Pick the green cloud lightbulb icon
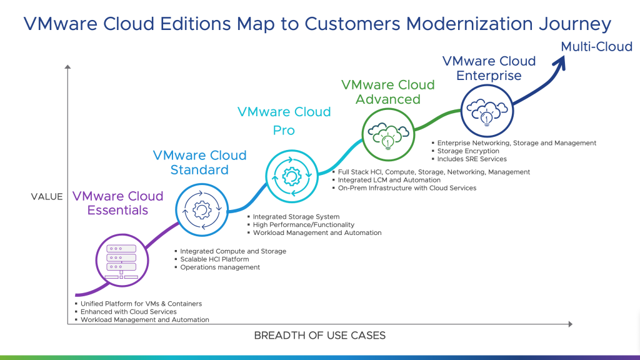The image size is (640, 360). (387, 136)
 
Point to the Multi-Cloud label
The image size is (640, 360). (596, 47)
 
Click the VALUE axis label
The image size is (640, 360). (47, 196)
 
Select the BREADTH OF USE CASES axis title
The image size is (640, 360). (319, 336)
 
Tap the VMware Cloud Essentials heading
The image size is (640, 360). (117, 203)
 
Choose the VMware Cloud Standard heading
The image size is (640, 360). (200, 162)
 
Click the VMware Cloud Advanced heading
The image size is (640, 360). (388, 92)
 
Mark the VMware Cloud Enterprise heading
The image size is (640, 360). (489, 68)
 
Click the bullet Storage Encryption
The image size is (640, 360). (468, 151)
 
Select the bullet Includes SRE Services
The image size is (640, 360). (472, 159)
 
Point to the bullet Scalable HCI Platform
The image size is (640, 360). (214, 259)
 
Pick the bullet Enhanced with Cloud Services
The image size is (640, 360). (128, 311)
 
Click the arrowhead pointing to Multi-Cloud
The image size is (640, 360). (560, 64)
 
